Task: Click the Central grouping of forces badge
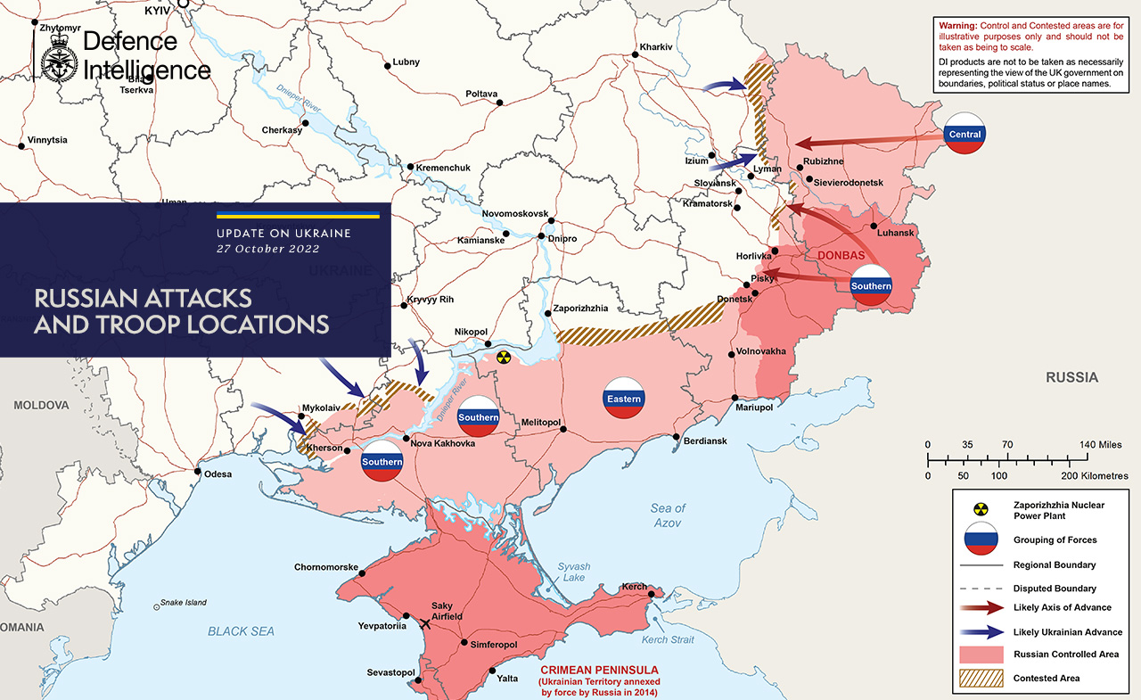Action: click(x=965, y=134)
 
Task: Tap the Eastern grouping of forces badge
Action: click(x=624, y=399)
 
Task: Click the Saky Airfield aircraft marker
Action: click(x=425, y=623)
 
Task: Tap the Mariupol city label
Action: click(x=753, y=408)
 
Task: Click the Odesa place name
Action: click(x=218, y=474)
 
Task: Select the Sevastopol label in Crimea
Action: click(x=391, y=672)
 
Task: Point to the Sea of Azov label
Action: click(x=668, y=515)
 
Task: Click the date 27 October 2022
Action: click(x=267, y=249)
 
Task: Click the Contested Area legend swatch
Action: click(x=981, y=678)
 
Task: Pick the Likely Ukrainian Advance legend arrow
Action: click(x=981, y=631)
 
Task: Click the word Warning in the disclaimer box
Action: click(x=957, y=27)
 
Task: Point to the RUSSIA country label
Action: click(x=1071, y=377)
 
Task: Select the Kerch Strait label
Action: click(x=668, y=640)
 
